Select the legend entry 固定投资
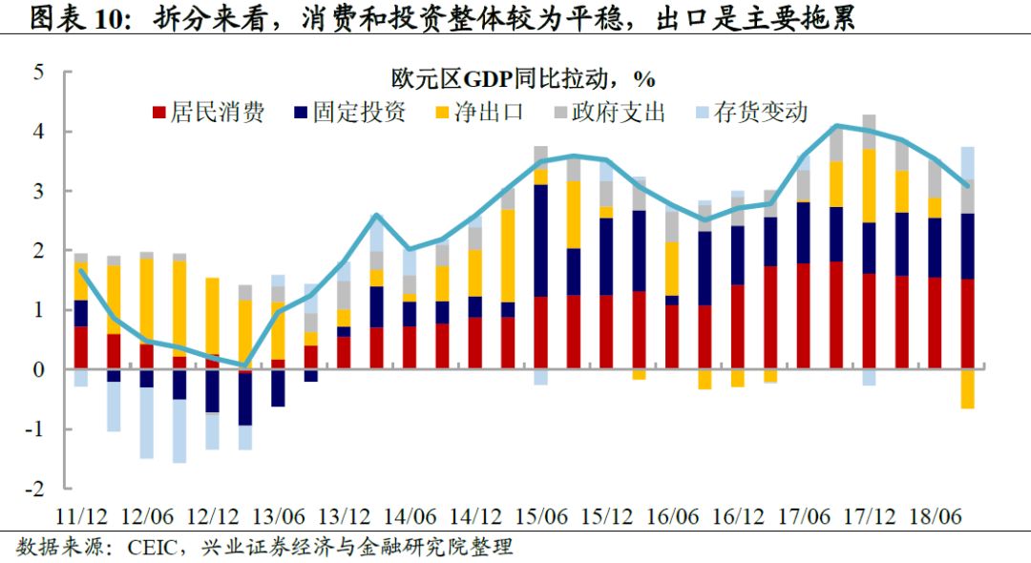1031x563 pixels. click(349, 113)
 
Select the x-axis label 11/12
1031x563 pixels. click(82, 515)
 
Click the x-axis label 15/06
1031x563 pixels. click(540, 515)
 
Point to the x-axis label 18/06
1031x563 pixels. click(934, 515)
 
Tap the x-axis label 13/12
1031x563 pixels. click(344, 515)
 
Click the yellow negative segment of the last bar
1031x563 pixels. click(967, 389)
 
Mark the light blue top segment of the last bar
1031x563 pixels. click(967, 162)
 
